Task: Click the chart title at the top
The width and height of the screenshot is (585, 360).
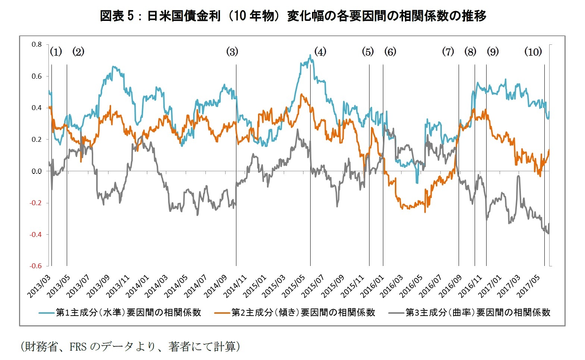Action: (x=293, y=16)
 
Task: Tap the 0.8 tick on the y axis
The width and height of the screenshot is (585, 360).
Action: (x=37, y=44)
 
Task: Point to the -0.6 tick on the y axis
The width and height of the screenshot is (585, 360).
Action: (x=36, y=266)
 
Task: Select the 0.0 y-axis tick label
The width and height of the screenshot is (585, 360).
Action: (x=37, y=171)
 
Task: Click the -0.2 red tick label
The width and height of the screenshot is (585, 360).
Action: (x=36, y=203)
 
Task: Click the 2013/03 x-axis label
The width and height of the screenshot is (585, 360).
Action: (x=39, y=286)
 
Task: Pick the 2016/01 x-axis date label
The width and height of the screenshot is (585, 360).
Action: (x=372, y=286)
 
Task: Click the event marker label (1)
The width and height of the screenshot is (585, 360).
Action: (x=56, y=52)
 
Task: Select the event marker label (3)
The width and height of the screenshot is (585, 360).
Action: (x=232, y=52)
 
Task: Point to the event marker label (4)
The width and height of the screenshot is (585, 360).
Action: (x=320, y=52)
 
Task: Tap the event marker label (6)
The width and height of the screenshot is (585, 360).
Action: (x=390, y=52)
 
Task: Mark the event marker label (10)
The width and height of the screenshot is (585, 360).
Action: (x=533, y=52)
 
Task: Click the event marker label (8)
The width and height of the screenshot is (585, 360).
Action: (x=470, y=52)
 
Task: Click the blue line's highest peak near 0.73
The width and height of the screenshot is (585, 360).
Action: (x=310, y=56)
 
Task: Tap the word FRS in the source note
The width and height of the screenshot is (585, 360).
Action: (x=78, y=347)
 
